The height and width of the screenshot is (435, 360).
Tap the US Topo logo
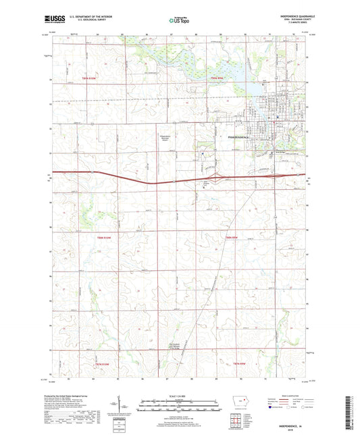177,22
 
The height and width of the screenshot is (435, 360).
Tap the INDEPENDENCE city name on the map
234,138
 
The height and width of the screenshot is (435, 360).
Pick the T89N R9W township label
215,78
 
